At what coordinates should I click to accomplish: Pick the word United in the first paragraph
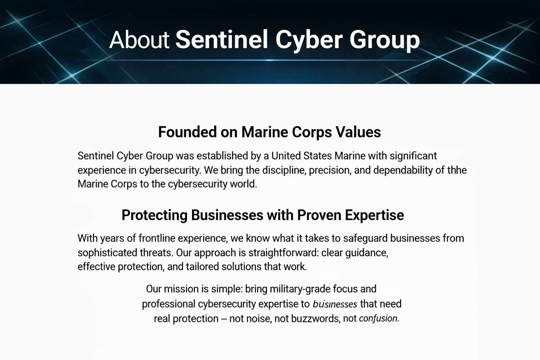(x=286, y=156)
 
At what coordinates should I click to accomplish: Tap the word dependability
(x=403, y=170)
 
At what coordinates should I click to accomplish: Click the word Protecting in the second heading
(x=154, y=215)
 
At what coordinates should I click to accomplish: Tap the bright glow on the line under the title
(x=270, y=60)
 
